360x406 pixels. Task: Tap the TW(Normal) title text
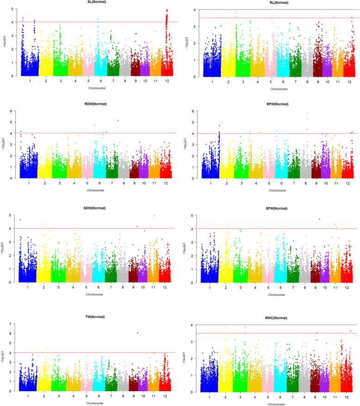tap(95, 317)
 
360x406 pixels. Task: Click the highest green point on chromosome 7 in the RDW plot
tap(118, 121)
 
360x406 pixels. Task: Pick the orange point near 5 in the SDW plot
tap(155, 215)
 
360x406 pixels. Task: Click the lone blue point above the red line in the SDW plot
tap(20, 220)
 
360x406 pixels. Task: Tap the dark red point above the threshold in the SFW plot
tap(319, 219)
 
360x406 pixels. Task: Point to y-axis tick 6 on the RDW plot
tap(11, 111)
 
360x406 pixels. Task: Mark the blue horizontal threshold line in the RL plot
tap(278, 10)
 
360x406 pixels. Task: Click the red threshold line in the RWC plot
tap(278, 333)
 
